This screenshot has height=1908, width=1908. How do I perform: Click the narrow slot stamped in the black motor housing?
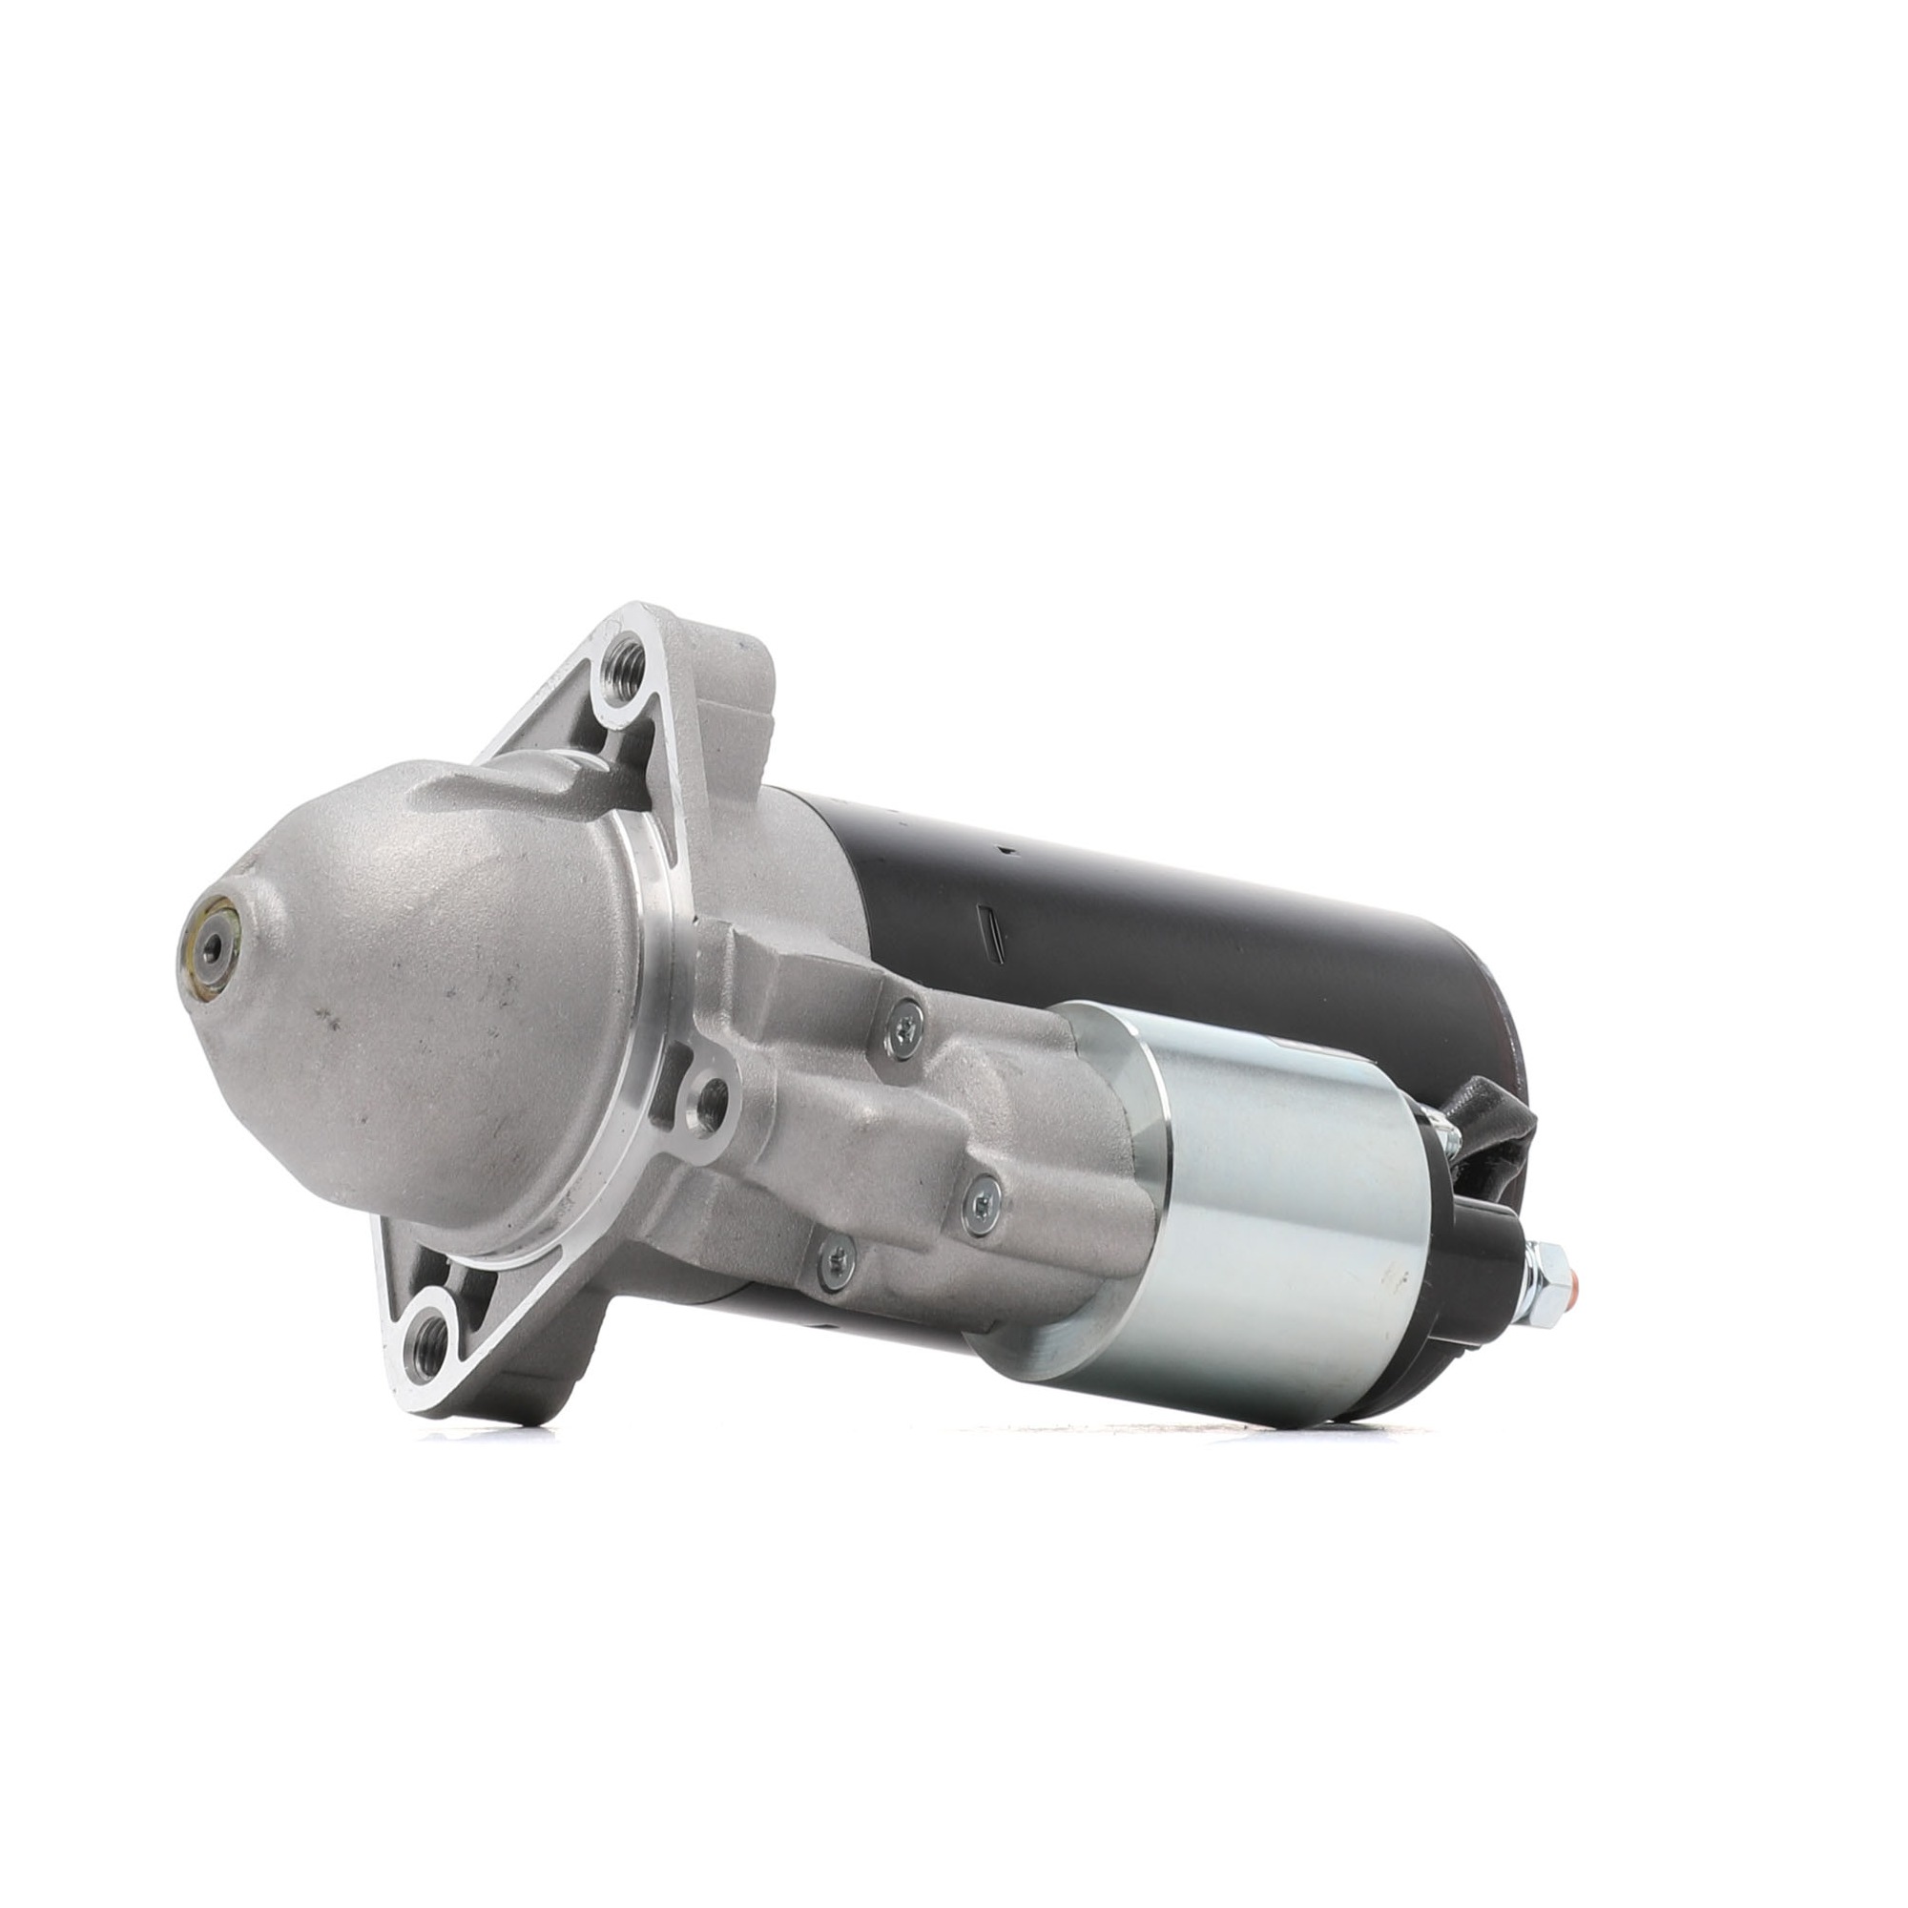(990, 939)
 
